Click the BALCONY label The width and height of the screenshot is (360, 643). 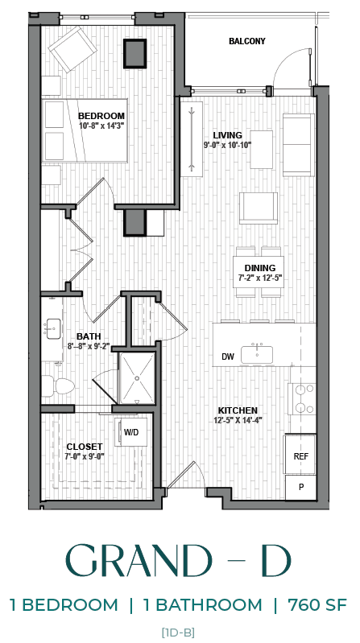(246, 41)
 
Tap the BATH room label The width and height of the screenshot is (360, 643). (88, 336)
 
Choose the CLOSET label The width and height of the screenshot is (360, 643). (85, 446)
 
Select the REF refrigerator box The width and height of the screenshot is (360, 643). (300, 456)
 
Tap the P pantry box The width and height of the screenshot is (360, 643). (300, 487)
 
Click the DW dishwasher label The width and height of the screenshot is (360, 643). (227, 357)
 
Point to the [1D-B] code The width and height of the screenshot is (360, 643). (178, 632)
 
